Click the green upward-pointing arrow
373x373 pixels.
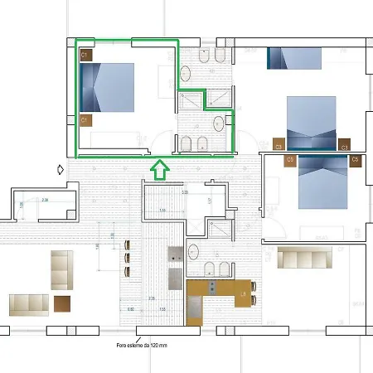tap(160, 171)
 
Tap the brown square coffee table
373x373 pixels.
tap(62, 304)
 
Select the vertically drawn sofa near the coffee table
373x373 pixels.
tap(61, 271)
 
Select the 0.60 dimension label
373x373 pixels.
tap(131, 308)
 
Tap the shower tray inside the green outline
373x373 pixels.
tap(192, 99)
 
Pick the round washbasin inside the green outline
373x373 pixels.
tap(218, 124)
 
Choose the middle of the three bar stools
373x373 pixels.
tap(126, 258)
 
